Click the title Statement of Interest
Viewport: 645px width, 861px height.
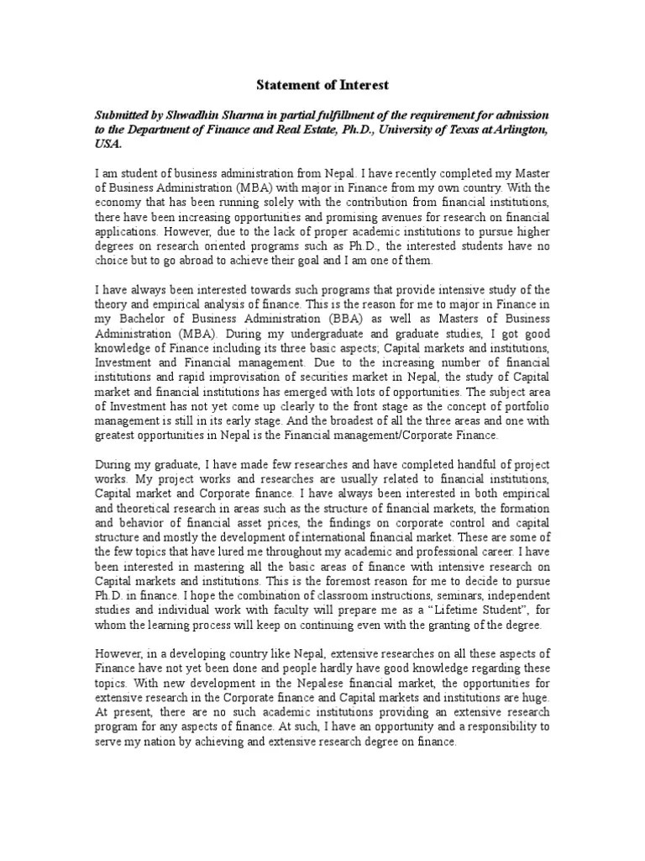pos(323,86)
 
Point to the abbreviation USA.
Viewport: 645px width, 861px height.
pos(107,144)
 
